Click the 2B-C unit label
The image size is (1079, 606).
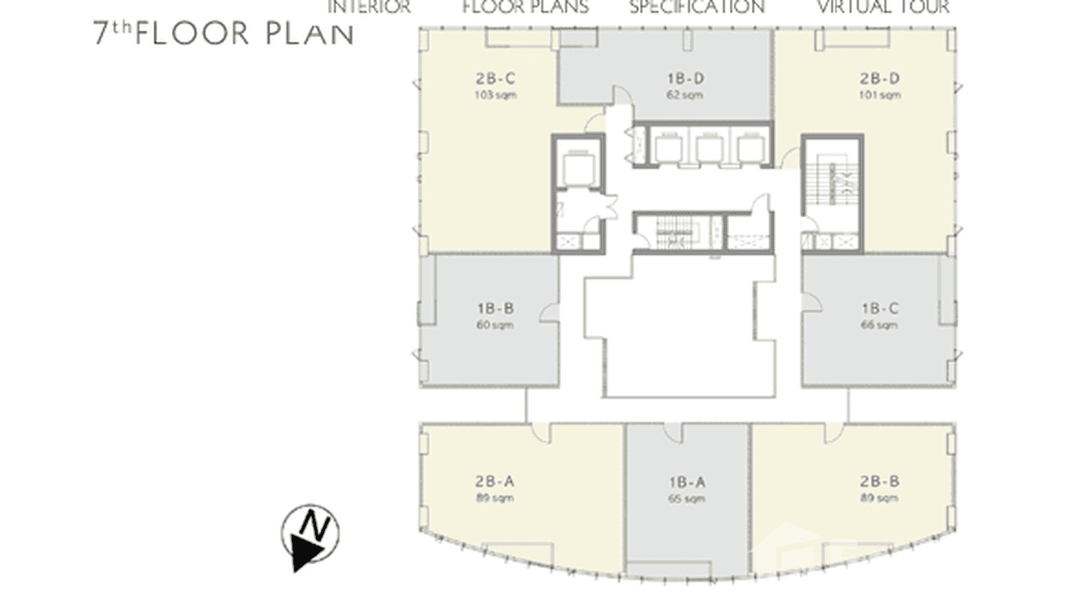[494, 79]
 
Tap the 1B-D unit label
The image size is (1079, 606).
[686, 79]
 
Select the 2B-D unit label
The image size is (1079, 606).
[879, 79]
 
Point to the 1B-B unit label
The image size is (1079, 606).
[494, 309]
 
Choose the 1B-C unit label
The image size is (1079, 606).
[879, 309]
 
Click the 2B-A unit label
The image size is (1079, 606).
[494, 482]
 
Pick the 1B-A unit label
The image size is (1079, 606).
[686, 482]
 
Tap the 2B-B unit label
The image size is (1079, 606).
[879, 482]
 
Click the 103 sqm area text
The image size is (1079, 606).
[494, 96]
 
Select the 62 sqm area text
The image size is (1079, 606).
[686, 96]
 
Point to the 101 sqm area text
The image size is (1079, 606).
[879, 96]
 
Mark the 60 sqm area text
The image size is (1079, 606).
[494, 326]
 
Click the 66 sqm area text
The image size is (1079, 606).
[879, 326]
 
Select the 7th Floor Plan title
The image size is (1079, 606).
[223, 34]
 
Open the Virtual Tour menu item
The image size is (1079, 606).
[883, 7]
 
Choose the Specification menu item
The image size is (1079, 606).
[696, 7]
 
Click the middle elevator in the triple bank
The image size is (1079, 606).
[707, 148]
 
